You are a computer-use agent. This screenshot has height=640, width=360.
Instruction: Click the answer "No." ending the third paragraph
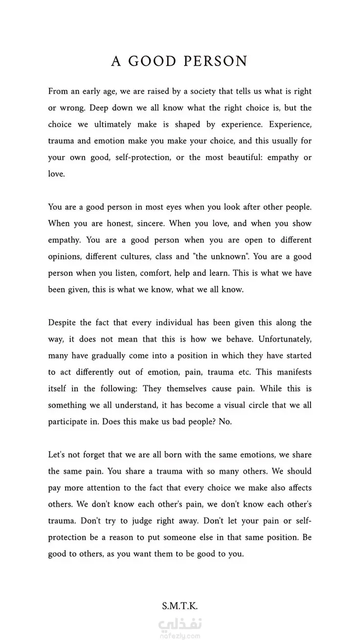coord(225,422)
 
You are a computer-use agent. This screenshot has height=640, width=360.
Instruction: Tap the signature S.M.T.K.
coord(180,606)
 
